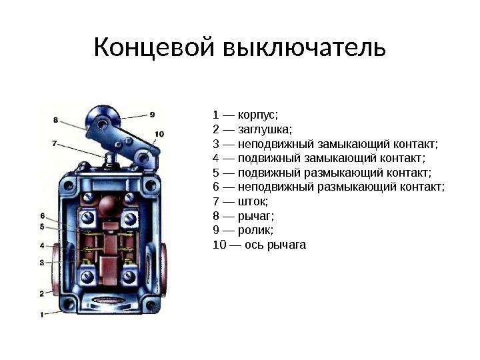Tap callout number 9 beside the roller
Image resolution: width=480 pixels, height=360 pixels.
tap(153, 114)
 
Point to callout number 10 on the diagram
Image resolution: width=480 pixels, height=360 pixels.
tap(159, 134)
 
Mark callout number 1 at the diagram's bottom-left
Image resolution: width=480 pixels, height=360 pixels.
tap(42, 313)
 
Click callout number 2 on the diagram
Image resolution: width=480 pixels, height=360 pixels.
tap(41, 293)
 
